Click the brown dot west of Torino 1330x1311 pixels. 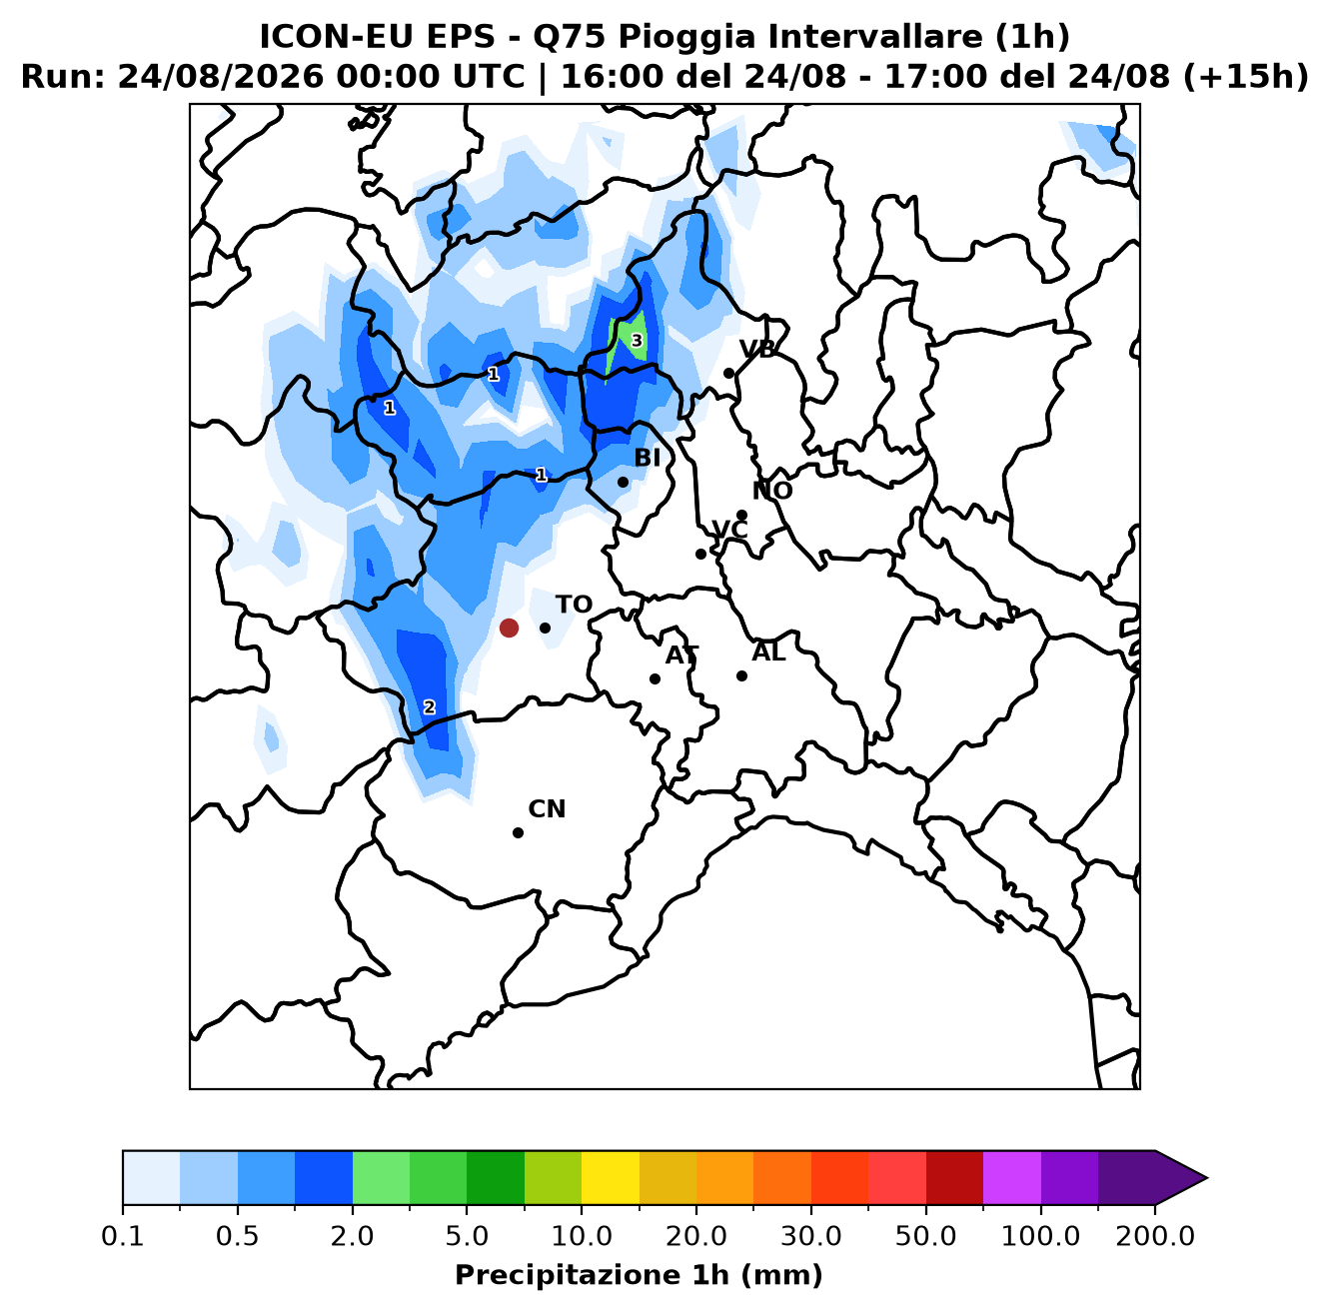(509, 628)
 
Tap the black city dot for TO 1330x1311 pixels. (545, 628)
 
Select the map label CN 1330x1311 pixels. (547, 808)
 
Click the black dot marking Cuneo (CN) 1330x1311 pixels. (518, 832)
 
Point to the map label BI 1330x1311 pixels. (647, 457)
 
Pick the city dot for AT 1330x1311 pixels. (655, 678)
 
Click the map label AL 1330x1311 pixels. (768, 652)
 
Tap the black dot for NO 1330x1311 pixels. (741, 515)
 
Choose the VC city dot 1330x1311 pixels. (700, 554)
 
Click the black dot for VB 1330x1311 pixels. (728, 373)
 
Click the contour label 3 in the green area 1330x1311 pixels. (637, 341)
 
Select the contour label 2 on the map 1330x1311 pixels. (430, 706)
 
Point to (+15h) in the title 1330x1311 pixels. (1245, 77)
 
